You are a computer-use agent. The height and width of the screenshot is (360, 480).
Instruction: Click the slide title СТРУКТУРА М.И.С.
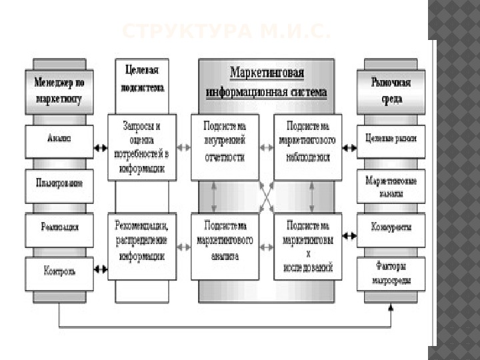(x=227, y=31)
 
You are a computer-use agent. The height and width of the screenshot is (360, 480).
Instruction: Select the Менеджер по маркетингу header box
(x=59, y=90)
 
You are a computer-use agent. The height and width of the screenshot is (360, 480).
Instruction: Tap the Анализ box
(x=59, y=139)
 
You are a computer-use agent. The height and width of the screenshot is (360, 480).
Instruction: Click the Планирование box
(x=59, y=183)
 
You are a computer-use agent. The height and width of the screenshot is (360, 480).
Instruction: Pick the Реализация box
(x=59, y=227)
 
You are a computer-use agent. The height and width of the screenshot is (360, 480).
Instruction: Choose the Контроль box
(x=59, y=271)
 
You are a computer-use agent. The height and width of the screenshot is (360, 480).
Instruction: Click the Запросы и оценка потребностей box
(x=142, y=147)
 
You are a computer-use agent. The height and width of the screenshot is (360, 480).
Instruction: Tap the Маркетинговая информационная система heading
(x=267, y=81)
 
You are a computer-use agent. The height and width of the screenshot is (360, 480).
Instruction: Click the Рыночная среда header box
(x=391, y=90)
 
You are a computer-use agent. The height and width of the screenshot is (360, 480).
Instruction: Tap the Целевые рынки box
(x=391, y=139)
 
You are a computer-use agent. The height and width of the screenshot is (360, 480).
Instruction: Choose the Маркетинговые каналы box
(x=391, y=187)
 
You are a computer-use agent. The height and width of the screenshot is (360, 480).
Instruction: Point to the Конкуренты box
(x=391, y=227)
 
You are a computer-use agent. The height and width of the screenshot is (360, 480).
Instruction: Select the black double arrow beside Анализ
(x=100, y=148)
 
